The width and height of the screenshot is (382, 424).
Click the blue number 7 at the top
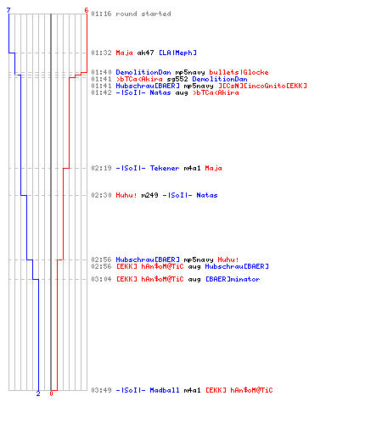[x=8, y=10]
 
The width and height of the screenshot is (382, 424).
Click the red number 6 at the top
[x=87, y=10]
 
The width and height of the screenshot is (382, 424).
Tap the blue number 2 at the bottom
[x=38, y=393]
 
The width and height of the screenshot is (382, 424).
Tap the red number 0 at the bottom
[x=51, y=393]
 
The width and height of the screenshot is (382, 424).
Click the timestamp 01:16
[x=101, y=14]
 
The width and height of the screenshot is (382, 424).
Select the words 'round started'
[x=143, y=14]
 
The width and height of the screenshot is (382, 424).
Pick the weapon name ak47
[x=145, y=53]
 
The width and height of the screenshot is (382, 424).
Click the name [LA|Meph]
[x=177, y=53]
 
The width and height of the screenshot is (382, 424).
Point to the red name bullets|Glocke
[x=239, y=72]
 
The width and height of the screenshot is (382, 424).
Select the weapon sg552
[x=177, y=79]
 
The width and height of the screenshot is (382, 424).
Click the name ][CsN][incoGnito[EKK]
[x=262, y=86]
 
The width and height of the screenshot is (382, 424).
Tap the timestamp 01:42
[x=101, y=92]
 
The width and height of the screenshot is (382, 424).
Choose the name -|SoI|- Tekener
[x=148, y=168]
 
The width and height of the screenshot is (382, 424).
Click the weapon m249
[x=149, y=195]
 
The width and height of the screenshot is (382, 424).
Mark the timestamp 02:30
[x=101, y=195]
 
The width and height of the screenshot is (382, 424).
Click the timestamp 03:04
[x=101, y=279]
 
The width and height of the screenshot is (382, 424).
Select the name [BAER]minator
[x=233, y=279]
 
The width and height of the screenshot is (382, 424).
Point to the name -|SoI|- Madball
[x=148, y=390]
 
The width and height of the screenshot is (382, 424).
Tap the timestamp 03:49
[x=101, y=390]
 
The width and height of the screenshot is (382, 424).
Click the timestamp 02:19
[x=101, y=168]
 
